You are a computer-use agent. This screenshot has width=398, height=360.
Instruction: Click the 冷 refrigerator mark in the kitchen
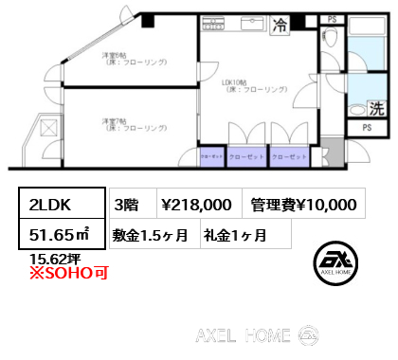[280, 27]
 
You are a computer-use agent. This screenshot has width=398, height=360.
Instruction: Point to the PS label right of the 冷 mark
[331, 18]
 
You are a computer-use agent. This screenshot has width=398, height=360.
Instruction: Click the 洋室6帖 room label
[134, 59]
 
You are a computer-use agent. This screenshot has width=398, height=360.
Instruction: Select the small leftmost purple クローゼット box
[211, 156]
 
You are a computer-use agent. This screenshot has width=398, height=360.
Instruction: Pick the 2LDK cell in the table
[60, 203]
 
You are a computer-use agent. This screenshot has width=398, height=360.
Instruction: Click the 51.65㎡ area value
[60, 232]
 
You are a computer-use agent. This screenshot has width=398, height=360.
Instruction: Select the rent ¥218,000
[196, 203]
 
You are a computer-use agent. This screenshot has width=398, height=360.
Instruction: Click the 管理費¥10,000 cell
[303, 203]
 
